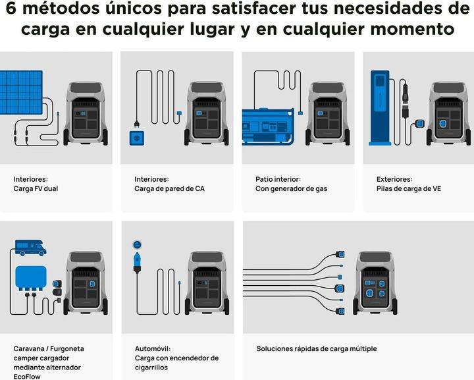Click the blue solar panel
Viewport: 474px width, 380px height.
tap(21, 92)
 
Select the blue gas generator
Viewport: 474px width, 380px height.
tap(268, 126)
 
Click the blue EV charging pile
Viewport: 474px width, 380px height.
tap(380, 108)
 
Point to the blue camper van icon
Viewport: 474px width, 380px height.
tap(30, 248)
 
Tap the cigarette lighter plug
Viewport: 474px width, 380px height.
tap(137, 263)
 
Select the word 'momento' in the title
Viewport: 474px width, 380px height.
tap(411, 30)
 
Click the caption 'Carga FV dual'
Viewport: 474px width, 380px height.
tap(36, 188)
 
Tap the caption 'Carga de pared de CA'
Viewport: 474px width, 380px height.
tap(169, 188)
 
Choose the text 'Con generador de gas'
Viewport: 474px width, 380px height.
tap(291, 188)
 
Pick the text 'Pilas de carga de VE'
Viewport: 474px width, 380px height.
tap(409, 188)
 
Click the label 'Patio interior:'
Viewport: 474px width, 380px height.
tap(278, 179)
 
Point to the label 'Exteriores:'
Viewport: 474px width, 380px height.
tap(394, 179)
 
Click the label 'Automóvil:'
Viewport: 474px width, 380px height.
tap(153, 348)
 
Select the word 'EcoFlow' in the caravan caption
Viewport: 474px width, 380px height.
tap(27, 377)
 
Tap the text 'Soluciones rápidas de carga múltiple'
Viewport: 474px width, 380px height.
tap(317, 348)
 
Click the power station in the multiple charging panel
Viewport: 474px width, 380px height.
tap(375, 283)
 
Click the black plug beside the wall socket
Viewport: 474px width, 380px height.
tap(136, 124)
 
